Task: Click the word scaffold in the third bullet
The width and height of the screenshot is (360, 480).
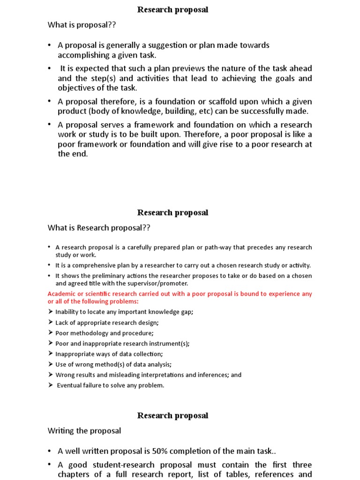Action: point(240,102)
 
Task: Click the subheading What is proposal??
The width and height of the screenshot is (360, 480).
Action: point(82,25)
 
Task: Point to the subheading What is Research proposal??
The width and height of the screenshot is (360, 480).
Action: point(99,228)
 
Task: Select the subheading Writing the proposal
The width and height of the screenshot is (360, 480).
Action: point(84,430)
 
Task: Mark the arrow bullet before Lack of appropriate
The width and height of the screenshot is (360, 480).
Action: point(51,322)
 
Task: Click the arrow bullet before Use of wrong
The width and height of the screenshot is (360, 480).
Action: point(51,364)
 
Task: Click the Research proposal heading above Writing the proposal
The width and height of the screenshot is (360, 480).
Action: point(172,415)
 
